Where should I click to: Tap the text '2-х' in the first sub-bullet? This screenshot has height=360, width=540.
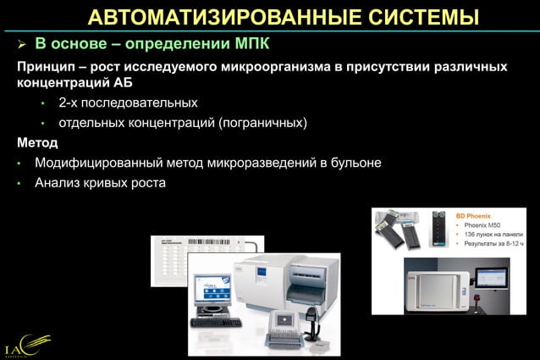(69, 103)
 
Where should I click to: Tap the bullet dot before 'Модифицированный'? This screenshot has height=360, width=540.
(19, 163)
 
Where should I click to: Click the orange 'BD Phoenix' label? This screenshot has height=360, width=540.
(480, 216)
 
